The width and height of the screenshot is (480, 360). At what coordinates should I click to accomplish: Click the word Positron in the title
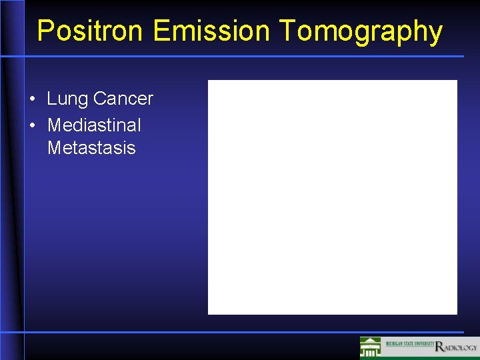[91, 31]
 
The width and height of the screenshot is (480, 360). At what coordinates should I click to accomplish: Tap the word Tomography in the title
[361, 31]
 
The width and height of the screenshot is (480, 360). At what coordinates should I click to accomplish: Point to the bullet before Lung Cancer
[33, 100]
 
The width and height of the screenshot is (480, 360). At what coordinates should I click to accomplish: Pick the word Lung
[67, 99]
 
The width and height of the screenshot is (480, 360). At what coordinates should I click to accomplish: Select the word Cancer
[123, 99]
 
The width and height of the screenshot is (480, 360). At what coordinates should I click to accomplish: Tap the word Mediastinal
[94, 125]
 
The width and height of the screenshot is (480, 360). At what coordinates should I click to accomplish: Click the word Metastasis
[91, 148]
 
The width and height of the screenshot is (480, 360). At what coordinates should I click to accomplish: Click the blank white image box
[332, 197]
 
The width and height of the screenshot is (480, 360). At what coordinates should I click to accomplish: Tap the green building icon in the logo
[371, 347]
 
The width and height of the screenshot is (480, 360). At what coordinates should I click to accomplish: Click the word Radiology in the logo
[457, 347]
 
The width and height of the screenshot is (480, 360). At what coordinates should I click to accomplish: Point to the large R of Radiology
[439, 347]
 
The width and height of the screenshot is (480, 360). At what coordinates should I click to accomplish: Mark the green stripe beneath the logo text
[427, 355]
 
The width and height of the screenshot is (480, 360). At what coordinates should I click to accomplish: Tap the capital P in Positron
[46, 31]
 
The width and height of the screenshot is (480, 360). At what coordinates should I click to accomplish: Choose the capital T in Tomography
[287, 31]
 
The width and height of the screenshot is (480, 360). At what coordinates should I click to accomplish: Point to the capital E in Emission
[161, 31]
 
